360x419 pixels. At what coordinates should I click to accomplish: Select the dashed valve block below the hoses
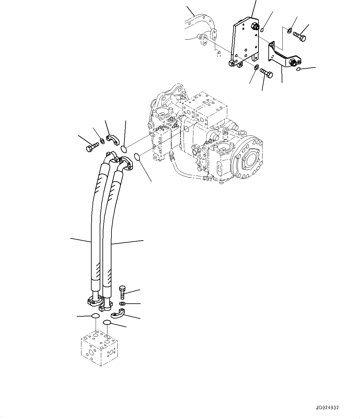point(99,347)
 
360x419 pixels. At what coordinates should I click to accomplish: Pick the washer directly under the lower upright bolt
point(123,304)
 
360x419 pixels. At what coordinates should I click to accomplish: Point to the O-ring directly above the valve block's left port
point(95,316)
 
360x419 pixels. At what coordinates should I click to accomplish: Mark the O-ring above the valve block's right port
point(107,323)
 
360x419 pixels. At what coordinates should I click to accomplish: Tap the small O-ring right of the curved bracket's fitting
point(298,69)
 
